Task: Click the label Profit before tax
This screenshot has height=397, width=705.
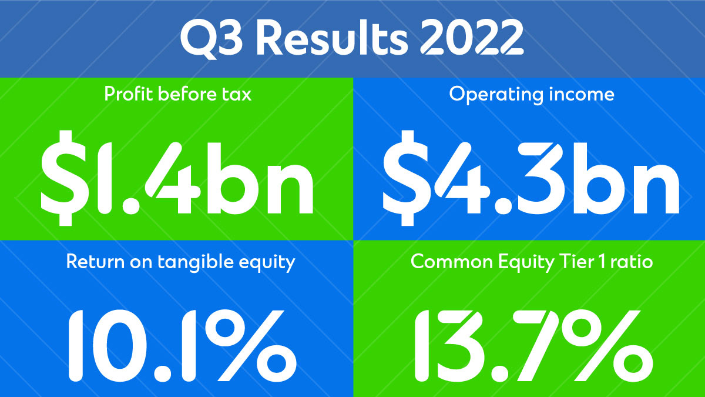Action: [178, 94]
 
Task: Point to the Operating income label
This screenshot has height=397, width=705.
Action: [532, 94]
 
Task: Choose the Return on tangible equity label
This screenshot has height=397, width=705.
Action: [180, 261]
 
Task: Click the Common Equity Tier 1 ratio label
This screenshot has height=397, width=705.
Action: [531, 261]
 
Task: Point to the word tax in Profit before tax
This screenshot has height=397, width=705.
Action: [236, 94]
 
